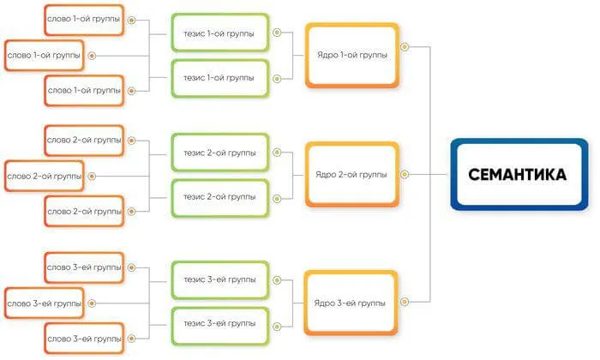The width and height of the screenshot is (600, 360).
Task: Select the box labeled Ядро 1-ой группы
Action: tap(351, 55)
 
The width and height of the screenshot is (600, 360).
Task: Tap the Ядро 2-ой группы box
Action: tap(351, 174)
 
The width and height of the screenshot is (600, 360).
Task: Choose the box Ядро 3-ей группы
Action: tap(351, 303)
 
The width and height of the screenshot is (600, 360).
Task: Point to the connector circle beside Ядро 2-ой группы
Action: tap(405, 174)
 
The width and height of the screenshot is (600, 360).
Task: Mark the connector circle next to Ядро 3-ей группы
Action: tap(405, 302)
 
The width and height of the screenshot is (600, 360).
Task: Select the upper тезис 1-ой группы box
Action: tap(219, 33)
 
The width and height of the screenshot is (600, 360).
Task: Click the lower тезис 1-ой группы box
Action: tap(219, 78)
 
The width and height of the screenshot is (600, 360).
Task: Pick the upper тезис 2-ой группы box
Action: tap(219, 153)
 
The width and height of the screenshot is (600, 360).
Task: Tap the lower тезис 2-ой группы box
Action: tap(219, 197)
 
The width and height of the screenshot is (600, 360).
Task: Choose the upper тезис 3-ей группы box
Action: tap(219, 279)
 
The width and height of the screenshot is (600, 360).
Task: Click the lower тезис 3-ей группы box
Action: tap(219, 325)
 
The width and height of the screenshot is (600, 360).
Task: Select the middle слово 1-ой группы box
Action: tap(44, 56)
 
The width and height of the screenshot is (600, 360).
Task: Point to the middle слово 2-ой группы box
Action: tap(44, 176)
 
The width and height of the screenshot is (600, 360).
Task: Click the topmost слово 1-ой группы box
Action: tap(83, 19)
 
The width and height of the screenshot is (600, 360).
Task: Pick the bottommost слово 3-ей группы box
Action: tap(83, 338)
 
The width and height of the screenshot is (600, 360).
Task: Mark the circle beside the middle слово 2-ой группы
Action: tap(92, 176)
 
